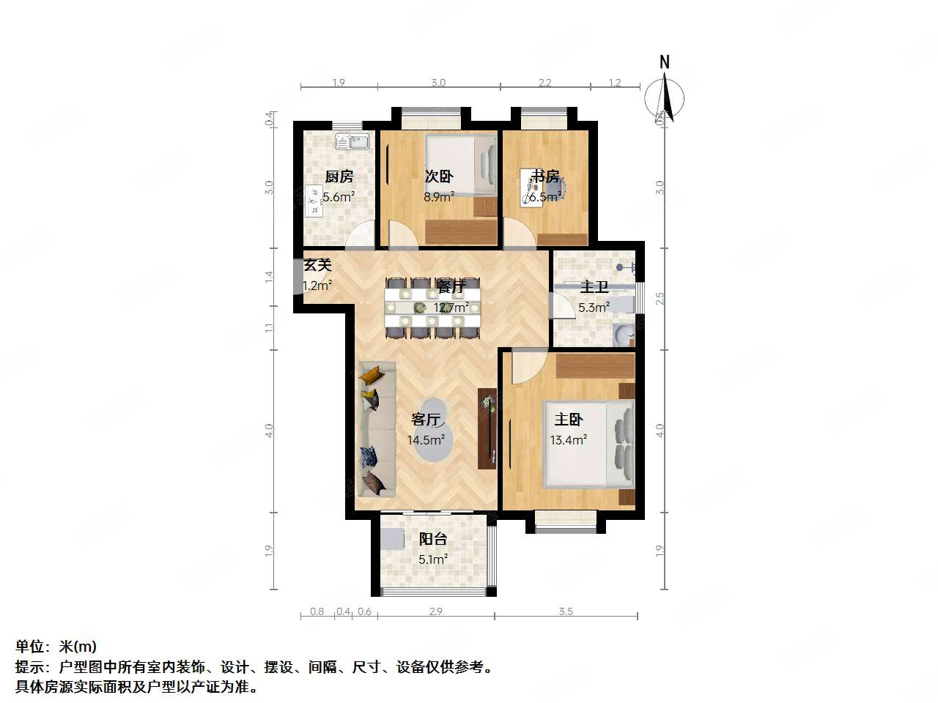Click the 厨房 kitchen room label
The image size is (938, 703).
point(339,176)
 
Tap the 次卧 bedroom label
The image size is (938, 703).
point(439,176)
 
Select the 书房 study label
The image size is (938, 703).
point(545,176)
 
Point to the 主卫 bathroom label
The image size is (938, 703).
point(594,288)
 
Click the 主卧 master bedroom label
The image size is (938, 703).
point(569,420)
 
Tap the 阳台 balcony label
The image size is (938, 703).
point(432,539)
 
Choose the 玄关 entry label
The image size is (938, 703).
point(317,265)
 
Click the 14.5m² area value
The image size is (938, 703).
point(426,440)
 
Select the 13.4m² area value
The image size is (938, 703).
point(568,440)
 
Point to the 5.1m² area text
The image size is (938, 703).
point(432,559)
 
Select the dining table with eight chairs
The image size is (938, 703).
point(432,308)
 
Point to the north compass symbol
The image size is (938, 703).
point(665,98)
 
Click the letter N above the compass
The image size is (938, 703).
point(665,62)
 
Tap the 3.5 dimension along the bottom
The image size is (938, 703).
point(565,611)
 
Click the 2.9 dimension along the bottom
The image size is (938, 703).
point(435,611)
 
